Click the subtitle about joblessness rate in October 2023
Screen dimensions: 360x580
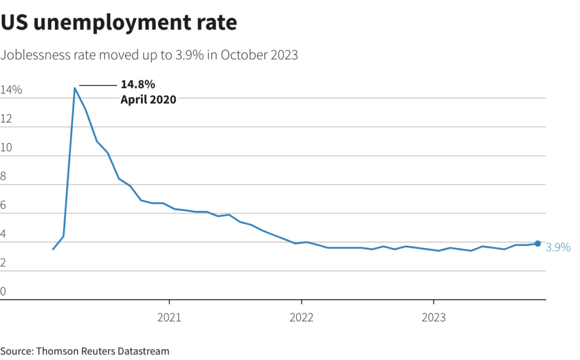pyautogui.click(x=149, y=55)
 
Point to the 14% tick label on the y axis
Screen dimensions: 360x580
pyautogui.click(x=11, y=90)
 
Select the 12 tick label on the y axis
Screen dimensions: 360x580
pyautogui.click(x=6, y=119)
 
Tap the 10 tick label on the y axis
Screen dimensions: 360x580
pyautogui.click(x=6, y=148)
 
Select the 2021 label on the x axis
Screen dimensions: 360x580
pyautogui.click(x=169, y=318)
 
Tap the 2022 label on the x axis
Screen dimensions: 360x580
pyautogui.click(x=301, y=318)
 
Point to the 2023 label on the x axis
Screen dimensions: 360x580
pyautogui.click(x=433, y=318)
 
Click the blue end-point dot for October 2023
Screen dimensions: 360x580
pyautogui.click(x=537, y=243)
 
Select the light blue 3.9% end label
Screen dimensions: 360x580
pyautogui.click(x=558, y=247)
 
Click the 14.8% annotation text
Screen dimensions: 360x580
pyautogui.click(x=138, y=85)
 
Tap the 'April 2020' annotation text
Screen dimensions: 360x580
pyautogui.click(x=148, y=99)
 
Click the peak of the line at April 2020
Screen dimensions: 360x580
pyautogui.click(x=75, y=88)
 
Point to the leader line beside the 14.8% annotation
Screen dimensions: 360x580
pyautogui.click(x=97, y=85)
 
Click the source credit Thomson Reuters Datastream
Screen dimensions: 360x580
pyautogui.click(x=85, y=351)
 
